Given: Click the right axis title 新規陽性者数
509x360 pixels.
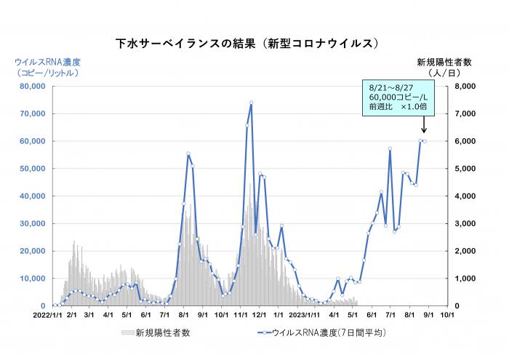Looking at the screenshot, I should click(445, 62).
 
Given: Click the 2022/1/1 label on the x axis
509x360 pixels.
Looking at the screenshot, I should click(52, 316).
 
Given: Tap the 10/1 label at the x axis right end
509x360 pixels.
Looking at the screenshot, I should click(447, 316).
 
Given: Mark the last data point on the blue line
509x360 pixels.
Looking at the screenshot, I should click(425, 141).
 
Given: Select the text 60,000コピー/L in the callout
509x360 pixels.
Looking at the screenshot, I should click(397, 97).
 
